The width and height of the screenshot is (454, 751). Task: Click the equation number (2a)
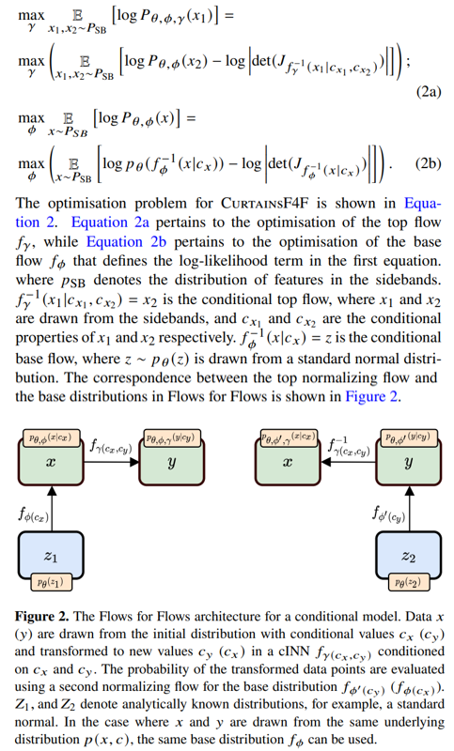pyautogui.click(x=428, y=91)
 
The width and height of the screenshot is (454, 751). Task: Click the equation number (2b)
pyautogui.click(x=428, y=163)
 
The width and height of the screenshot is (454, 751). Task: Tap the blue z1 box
pyautogui.click(x=51, y=556)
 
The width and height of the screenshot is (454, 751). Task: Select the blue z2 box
pyautogui.click(x=409, y=556)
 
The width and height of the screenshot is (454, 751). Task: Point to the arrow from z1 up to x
pyautogui.click(x=53, y=508)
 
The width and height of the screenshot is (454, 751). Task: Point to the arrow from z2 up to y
pyautogui.click(x=410, y=508)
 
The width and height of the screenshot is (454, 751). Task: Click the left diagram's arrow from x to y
pyautogui.click(x=112, y=462)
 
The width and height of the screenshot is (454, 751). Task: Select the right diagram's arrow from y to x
pyautogui.click(x=348, y=462)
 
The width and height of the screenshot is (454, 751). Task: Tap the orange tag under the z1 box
pyautogui.click(x=51, y=582)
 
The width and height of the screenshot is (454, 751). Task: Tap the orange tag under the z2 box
pyautogui.click(x=408, y=582)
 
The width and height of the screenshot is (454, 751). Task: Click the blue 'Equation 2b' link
pyautogui.click(x=126, y=241)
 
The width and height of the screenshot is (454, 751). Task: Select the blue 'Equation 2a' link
pyautogui.click(x=110, y=222)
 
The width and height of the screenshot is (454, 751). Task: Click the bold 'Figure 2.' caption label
pyautogui.click(x=41, y=616)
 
